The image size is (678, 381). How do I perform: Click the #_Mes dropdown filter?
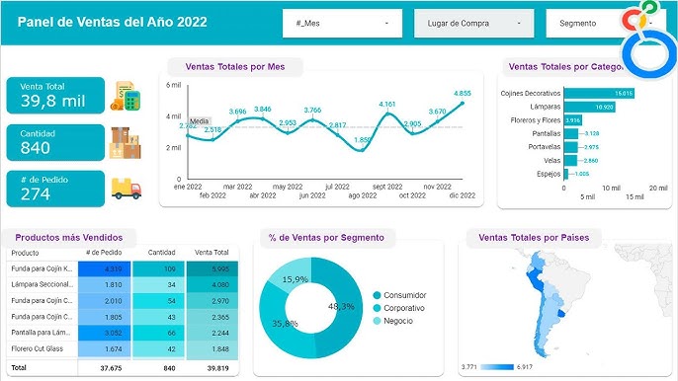pyautogui.click(x=342, y=23)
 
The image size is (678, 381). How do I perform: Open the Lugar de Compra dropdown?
pyautogui.click(x=473, y=23)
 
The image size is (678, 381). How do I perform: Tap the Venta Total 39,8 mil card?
pyautogui.click(x=55, y=96)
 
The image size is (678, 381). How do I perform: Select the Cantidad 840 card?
pyautogui.click(x=55, y=142)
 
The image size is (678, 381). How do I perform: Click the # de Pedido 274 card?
pyautogui.click(x=55, y=188)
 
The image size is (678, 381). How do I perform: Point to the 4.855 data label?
pyautogui.click(x=463, y=93)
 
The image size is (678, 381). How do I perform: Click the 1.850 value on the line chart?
pyautogui.click(x=362, y=140)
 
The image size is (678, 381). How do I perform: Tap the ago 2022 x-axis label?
pyautogui.click(x=362, y=195)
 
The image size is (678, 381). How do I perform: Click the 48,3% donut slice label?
pyautogui.click(x=340, y=307)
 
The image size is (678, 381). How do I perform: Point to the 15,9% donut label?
pyautogui.click(x=296, y=279)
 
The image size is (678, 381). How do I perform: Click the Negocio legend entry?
pyautogui.click(x=399, y=323)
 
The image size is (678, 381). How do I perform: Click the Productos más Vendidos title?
pyautogui.click(x=69, y=237)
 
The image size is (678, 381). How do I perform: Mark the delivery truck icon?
pyautogui.click(x=126, y=188)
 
